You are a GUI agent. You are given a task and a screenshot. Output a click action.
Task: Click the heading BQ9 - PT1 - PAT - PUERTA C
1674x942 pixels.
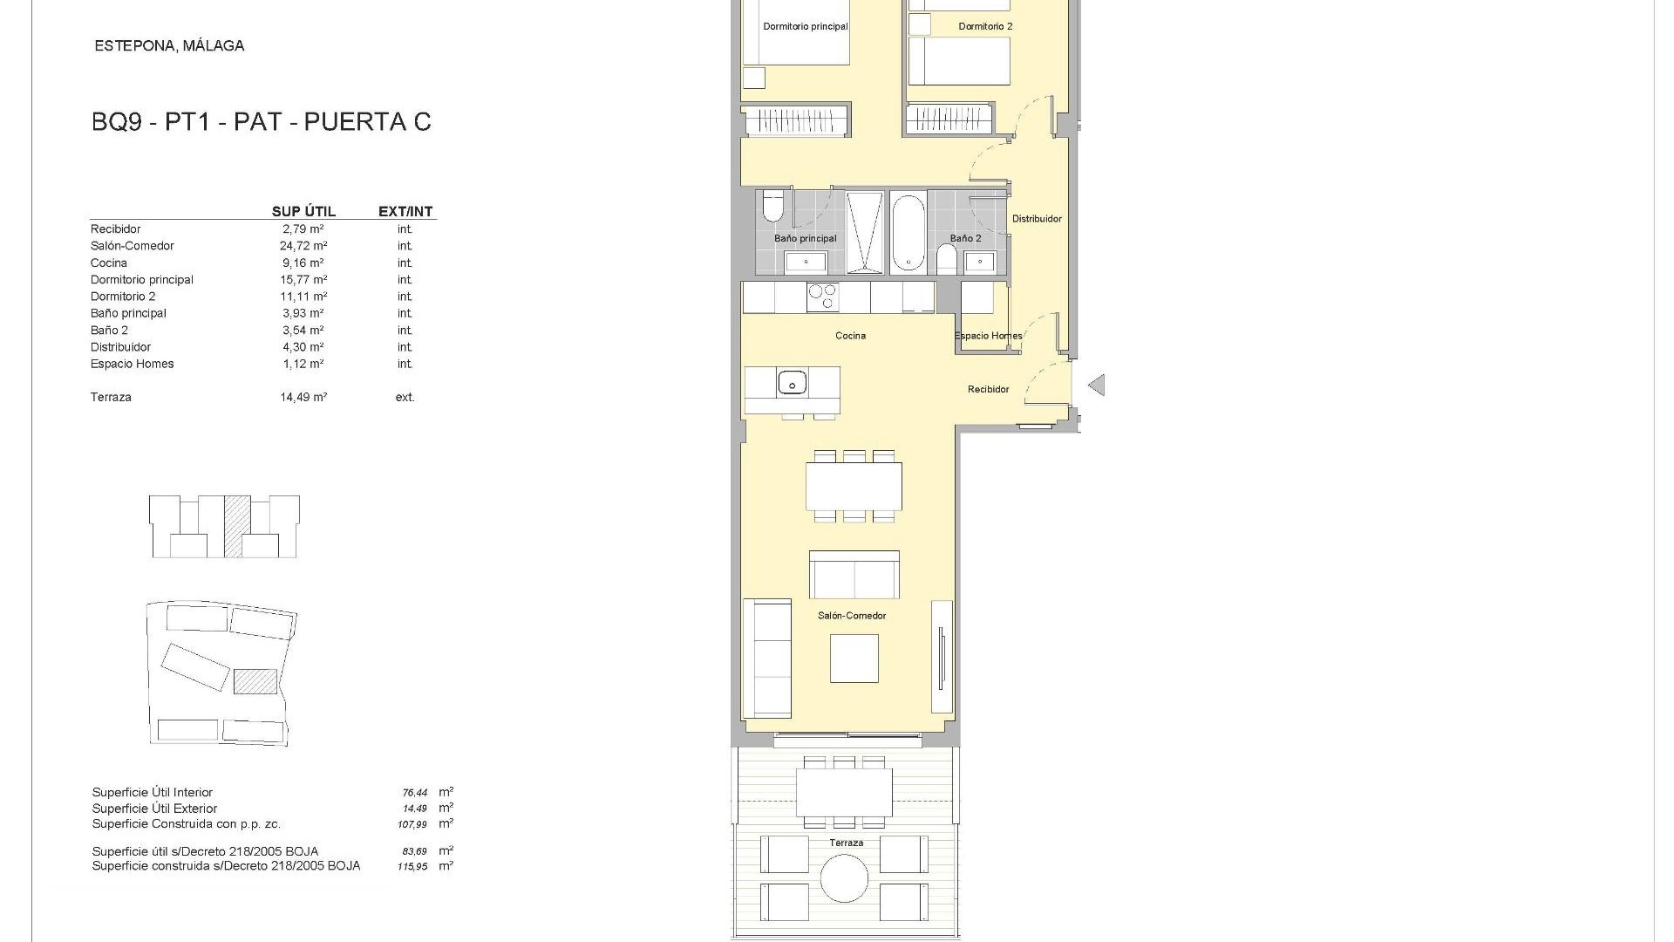point(261,122)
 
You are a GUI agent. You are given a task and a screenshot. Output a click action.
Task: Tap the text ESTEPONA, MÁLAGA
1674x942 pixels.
point(169,46)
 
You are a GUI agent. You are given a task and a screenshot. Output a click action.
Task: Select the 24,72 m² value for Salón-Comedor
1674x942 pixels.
point(303,246)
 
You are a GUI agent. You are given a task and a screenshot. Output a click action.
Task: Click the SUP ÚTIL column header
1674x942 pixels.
point(303,212)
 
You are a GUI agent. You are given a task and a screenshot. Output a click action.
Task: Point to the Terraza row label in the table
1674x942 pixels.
point(111,398)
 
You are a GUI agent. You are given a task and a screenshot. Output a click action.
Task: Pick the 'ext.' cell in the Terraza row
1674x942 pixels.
point(405,398)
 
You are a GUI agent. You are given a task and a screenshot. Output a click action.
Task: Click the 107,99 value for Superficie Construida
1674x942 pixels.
point(414,824)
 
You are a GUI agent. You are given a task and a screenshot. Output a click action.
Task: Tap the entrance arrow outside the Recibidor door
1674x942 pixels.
point(1097,385)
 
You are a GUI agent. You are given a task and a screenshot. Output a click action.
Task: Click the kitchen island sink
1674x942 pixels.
point(792,382)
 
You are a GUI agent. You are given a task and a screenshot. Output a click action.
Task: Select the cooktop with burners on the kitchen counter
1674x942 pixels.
point(822,297)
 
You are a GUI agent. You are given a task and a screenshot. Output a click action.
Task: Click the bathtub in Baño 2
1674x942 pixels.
point(908,233)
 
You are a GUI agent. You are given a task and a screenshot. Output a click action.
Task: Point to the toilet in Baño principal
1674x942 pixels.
point(772,207)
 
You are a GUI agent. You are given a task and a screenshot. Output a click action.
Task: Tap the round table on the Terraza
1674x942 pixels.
point(844,877)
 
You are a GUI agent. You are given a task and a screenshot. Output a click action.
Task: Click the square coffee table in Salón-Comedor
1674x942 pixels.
point(854,659)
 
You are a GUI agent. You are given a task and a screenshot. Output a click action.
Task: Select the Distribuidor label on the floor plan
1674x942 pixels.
point(1037,219)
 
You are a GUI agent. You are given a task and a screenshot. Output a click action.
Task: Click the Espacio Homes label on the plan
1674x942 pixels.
point(988,336)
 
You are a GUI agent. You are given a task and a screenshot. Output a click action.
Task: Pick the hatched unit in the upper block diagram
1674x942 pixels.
point(234,527)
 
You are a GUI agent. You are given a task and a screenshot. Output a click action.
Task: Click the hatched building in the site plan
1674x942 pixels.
point(255,681)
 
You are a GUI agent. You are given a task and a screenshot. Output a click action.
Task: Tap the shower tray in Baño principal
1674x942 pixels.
point(864,233)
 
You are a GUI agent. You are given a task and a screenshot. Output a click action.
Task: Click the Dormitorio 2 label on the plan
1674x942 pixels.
point(985,27)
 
